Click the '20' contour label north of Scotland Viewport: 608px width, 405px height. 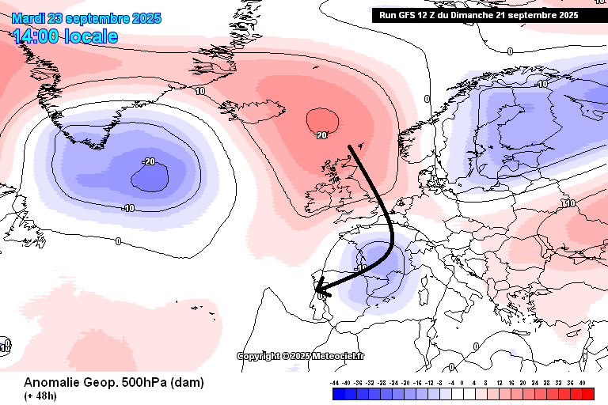(x=321, y=135)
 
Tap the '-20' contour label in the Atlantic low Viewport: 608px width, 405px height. (x=148, y=161)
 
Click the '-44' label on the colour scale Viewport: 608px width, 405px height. (x=336, y=381)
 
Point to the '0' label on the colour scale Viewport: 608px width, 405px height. (x=463, y=381)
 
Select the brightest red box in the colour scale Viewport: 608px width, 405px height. (x=587, y=392)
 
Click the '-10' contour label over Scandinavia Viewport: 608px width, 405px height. (x=541, y=84)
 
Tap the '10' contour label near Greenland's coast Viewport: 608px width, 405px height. (x=200, y=92)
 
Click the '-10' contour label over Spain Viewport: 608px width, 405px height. (x=360, y=268)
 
